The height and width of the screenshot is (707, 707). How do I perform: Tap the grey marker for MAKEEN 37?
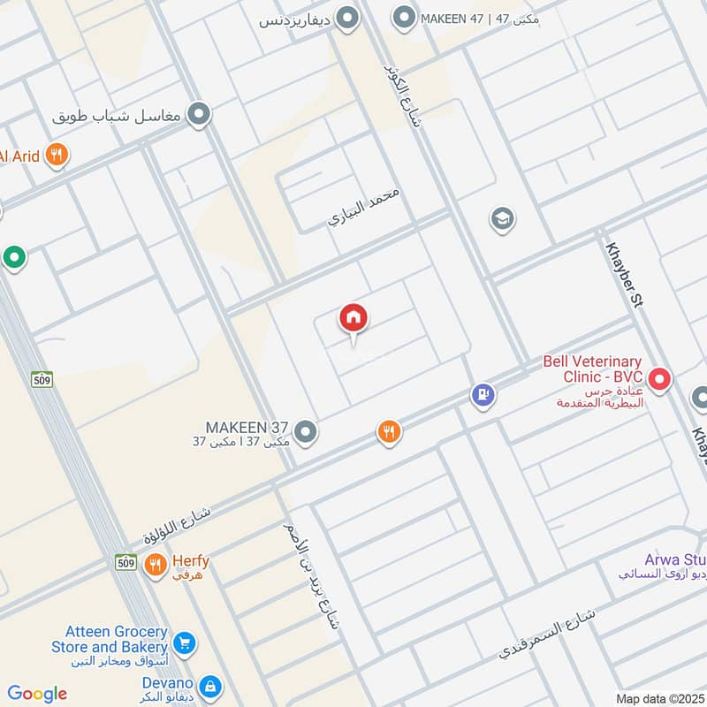tap(306, 432)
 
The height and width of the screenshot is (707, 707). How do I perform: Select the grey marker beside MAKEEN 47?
tap(404, 18)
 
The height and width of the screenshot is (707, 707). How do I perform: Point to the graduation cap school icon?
tap(502, 218)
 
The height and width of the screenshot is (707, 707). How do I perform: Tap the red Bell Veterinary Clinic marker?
tap(658, 381)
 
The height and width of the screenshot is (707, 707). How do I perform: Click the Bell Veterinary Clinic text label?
tap(591, 369)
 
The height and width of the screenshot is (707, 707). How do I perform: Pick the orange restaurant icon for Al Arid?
tap(57, 156)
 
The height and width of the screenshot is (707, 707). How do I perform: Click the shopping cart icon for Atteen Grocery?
tap(184, 641)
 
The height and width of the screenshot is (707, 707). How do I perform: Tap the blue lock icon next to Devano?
tap(209, 685)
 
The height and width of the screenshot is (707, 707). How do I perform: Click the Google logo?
tap(37, 694)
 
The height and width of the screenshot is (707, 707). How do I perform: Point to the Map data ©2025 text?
tap(659, 699)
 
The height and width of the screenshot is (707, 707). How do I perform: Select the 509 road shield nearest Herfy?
tap(125, 561)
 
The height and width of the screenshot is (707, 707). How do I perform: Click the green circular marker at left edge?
tap(13, 258)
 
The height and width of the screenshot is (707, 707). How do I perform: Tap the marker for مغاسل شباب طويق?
tap(201, 114)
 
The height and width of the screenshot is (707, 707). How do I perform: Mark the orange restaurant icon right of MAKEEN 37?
tap(388, 432)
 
